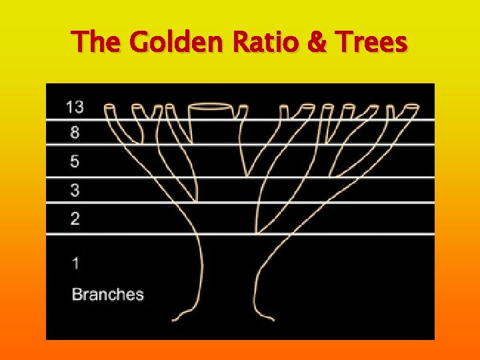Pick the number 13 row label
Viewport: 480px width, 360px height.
(x=75, y=106)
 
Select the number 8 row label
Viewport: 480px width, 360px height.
(x=75, y=132)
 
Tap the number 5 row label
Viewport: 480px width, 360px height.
(x=75, y=161)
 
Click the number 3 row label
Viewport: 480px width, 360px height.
(x=75, y=191)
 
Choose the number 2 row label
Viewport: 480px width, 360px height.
(x=75, y=219)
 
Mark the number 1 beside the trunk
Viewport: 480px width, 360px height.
(x=75, y=263)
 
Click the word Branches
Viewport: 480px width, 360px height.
(x=107, y=294)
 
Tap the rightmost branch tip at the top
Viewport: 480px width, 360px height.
(x=411, y=106)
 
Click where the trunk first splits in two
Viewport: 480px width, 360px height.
(x=257, y=233)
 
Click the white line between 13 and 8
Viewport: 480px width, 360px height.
(x=240, y=119)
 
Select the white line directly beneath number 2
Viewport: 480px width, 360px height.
(x=240, y=234)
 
